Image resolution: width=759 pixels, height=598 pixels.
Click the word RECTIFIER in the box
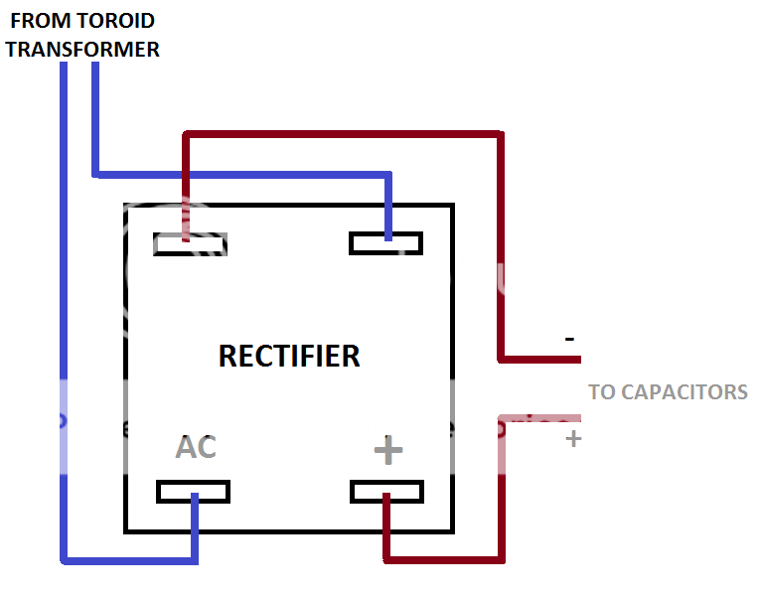289,356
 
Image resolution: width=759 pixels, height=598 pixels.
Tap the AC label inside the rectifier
196,447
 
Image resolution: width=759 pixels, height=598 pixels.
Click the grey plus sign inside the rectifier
387,451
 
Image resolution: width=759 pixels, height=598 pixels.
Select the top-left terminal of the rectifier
191,243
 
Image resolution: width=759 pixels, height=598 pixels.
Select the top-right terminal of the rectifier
386,243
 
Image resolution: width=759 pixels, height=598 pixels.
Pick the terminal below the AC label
194,492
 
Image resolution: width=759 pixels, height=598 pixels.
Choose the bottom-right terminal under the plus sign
387,492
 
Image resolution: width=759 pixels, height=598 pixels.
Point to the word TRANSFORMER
83,49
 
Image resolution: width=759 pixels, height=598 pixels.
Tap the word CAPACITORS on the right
683,391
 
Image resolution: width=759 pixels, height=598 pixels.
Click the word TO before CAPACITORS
601,391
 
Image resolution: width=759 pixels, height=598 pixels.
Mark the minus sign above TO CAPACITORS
569,339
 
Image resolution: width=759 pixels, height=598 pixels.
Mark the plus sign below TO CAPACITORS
572,438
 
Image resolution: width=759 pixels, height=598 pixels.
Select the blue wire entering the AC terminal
195,526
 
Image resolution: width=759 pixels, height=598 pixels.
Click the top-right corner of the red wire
500,133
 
